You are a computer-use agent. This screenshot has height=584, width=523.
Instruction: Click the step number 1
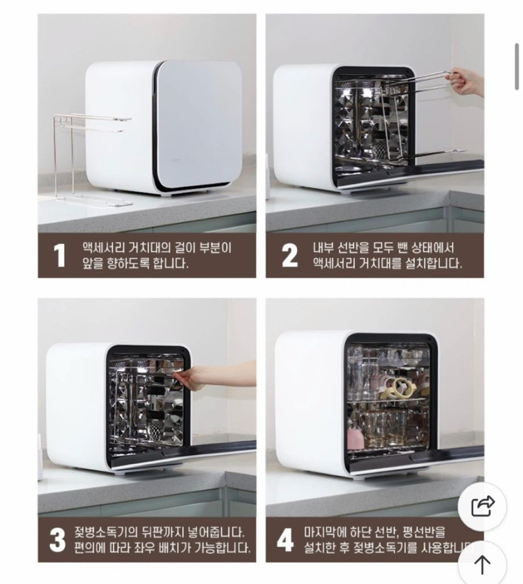pos(60,255)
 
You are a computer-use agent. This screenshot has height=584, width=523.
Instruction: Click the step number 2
pos(289,255)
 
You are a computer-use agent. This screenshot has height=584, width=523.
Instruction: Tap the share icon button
pos(483,506)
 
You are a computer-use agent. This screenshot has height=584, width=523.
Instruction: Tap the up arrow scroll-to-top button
pos(483,563)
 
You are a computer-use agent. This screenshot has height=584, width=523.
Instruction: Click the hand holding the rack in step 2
pos(467,82)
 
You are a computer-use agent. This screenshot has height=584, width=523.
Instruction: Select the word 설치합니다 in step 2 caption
pos(431,264)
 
